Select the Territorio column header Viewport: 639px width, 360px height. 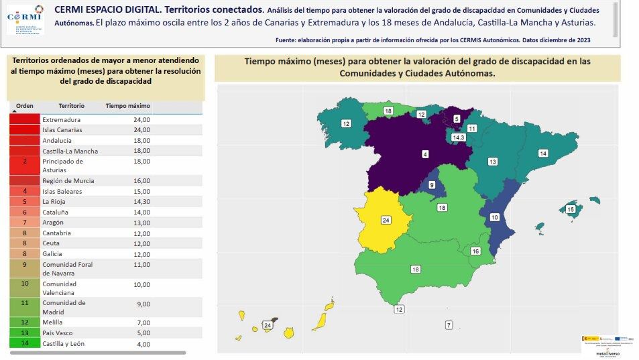click(x=71, y=106)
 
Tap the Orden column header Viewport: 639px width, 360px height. click(x=25, y=106)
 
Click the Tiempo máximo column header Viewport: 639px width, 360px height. click(x=127, y=106)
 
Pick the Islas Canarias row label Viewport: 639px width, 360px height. click(x=62, y=129)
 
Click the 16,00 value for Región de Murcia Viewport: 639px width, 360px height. click(x=141, y=181)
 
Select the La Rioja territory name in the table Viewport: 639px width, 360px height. click(x=54, y=201)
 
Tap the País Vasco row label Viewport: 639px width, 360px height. click(x=58, y=333)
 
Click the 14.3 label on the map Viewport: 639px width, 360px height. click(x=459, y=137)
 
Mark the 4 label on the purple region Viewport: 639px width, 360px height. click(x=425, y=154)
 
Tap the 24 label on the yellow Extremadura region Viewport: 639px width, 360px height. click(x=386, y=220)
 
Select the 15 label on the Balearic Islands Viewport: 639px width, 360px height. click(x=571, y=210)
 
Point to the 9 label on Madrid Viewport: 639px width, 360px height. click(x=432, y=184)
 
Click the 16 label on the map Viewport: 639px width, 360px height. click(x=475, y=251)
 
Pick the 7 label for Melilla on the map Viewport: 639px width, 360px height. click(x=449, y=325)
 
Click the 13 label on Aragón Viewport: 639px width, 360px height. click(x=492, y=162)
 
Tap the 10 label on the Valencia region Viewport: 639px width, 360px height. click(x=494, y=217)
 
